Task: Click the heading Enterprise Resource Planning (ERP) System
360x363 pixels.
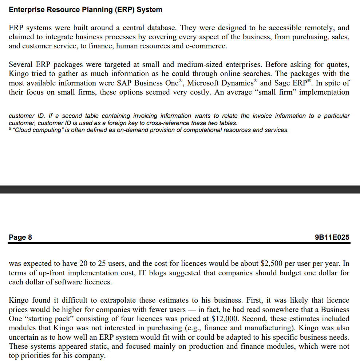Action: click(x=86, y=10)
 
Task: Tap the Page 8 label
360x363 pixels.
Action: click(x=20, y=238)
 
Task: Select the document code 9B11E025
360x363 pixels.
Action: click(x=332, y=238)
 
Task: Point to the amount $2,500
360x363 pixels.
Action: click(x=272, y=264)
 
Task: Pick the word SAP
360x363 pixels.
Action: click(x=124, y=83)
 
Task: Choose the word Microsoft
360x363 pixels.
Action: click(x=204, y=83)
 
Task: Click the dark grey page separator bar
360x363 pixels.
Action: click(x=180, y=190)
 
